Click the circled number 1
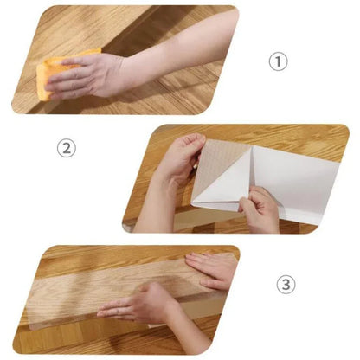[x=277, y=62]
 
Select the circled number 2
[x=67, y=149]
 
